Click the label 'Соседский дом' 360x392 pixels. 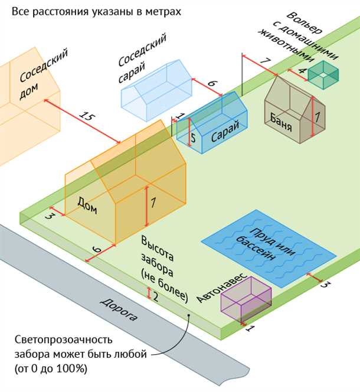click(42, 76)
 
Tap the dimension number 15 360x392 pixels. click(86, 117)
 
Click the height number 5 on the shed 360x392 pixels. click(192, 138)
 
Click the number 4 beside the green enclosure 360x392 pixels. click(302, 71)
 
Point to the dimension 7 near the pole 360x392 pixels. click(265, 61)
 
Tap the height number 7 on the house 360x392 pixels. click(153, 202)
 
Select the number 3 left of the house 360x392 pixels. click(50, 217)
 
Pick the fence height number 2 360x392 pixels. click(155, 297)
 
